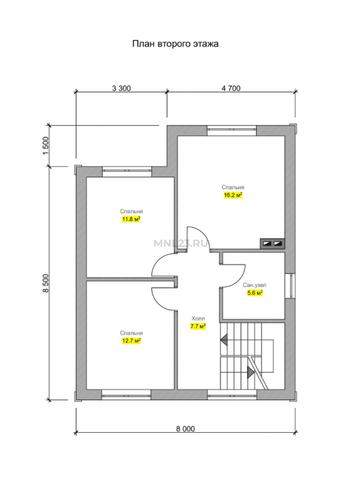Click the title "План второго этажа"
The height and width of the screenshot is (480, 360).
(175, 44)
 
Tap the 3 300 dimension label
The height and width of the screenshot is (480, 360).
(122, 88)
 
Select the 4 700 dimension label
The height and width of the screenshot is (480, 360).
(231, 88)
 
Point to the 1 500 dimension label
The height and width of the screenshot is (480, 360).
(46, 145)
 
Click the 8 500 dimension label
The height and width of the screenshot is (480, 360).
(46, 283)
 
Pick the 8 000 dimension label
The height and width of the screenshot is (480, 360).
(185, 429)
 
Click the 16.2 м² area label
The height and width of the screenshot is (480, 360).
(233, 195)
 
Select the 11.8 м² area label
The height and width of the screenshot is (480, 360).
(131, 219)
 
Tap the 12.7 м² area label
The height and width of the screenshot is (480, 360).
(131, 341)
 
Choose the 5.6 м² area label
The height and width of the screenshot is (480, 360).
(255, 293)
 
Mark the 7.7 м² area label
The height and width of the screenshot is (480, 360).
(198, 326)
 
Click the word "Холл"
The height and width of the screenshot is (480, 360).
(198, 319)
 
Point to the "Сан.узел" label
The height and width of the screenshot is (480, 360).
(255, 285)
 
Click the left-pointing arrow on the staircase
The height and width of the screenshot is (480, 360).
(224, 340)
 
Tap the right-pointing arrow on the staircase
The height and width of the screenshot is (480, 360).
(251, 372)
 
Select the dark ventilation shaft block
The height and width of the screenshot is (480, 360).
(272, 244)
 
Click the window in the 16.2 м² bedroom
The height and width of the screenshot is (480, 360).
(232, 130)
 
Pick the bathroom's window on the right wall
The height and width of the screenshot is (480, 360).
(290, 286)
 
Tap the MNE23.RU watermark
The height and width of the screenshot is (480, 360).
(181, 244)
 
